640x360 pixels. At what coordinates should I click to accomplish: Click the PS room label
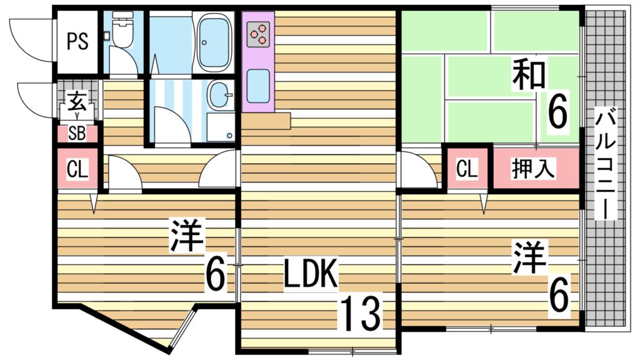pyautogui.click(x=77, y=42)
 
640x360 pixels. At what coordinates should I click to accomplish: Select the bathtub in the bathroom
pyautogui.click(x=214, y=42)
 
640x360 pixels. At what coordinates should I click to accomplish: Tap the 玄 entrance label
pyautogui.click(x=77, y=100)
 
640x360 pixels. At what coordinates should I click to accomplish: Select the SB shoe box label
pyautogui.click(x=77, y=133)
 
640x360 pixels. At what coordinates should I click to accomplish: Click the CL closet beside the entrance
pyautogui.click(x=77, y=169)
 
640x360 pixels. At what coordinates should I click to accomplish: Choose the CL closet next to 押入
pyautogui.click(x=467, y=168)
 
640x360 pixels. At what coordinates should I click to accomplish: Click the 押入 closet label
pyautogui.click(x=534, y=168)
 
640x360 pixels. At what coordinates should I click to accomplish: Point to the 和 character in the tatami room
pyautogui.click(x=529, y=74)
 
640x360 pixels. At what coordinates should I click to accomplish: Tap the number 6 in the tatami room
pyautogui.click(x=557, y=112)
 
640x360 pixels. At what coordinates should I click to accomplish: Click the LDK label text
pyautogui.click(x=311, y=275)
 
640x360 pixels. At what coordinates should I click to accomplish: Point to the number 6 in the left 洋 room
pyautogui.click(x=214, y=275)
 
